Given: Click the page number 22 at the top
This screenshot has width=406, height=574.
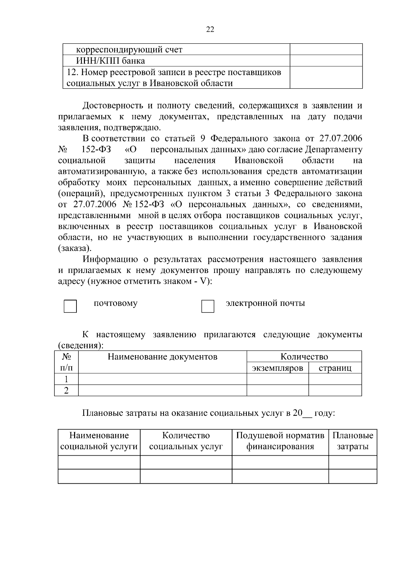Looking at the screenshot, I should (210, 29).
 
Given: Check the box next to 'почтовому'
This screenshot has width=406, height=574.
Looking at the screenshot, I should (70, 306).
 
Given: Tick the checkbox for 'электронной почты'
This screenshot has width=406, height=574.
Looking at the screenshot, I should (208, 306).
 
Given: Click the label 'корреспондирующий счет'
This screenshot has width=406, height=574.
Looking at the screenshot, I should (129, 50).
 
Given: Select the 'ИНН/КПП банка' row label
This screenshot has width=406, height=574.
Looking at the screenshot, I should (110, 61).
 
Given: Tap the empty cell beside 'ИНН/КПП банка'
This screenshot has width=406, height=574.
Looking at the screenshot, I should (326, 61).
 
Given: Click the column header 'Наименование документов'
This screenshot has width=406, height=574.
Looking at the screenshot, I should (162, 357).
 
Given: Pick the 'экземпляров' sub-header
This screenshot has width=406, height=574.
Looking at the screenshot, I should (277, 368).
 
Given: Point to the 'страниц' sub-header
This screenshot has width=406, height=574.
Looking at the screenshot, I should (335, 368).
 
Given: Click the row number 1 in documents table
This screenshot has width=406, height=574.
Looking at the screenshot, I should (66, 379).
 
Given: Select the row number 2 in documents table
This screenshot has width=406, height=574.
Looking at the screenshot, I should (66, 390).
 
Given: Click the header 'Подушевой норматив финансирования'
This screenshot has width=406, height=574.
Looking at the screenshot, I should (280, 441).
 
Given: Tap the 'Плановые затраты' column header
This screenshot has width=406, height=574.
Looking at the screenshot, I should (353, 441).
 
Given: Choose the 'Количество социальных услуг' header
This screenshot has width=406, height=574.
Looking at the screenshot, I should (186, 441).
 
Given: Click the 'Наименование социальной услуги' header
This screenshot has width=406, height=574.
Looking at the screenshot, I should (99, 441).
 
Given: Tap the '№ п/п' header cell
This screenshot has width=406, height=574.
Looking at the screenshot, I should (66, 362).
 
